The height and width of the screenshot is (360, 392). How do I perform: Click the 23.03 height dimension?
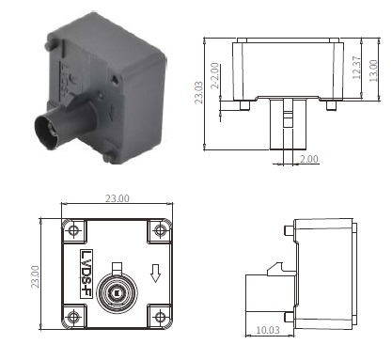click(x=198, y=92)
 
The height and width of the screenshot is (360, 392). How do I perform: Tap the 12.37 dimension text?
click(x=356, y=68)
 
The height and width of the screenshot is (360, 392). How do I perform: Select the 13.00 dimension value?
click(x=374, y=70)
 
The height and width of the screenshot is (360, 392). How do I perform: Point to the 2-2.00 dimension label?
click(x=214, y=76)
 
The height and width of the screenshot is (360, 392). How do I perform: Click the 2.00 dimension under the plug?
click(x=309, y=159)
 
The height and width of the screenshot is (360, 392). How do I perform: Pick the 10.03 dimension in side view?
click(x=268, y=330)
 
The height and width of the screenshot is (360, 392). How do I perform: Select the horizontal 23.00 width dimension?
click(x=117, y=198)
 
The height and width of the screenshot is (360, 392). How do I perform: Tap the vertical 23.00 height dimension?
click(x=35, y=276)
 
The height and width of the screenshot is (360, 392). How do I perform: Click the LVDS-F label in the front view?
click(x=86, y=274)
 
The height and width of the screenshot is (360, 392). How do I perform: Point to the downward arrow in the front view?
click(x=155, y=274)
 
